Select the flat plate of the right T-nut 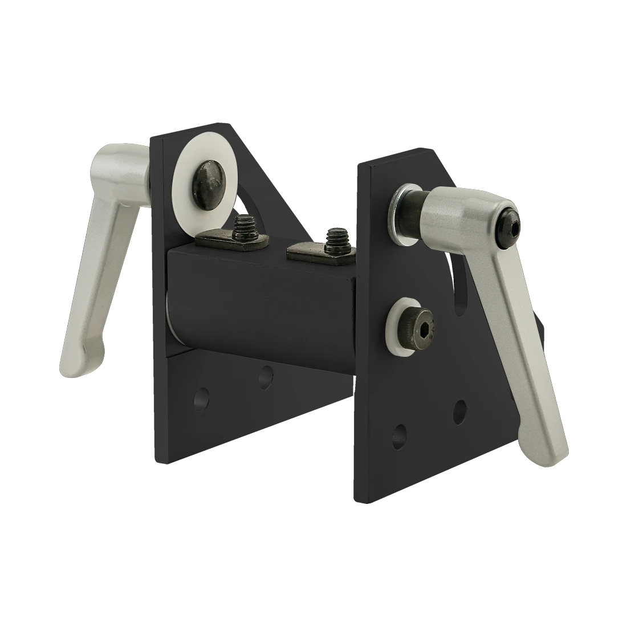(x=308, y=251)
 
